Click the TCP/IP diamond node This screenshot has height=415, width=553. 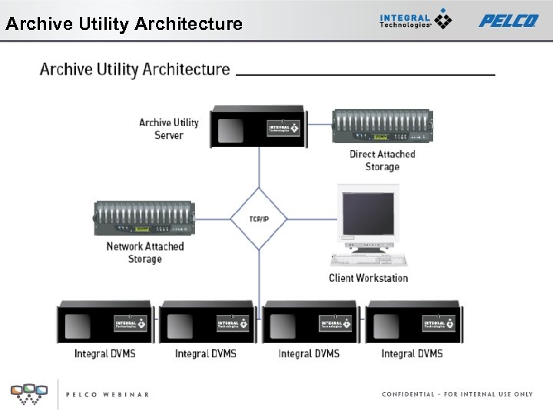pos(259,219)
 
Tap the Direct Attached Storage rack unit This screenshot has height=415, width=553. pos(382,126)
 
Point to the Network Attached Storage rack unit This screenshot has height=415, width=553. pos(144,219)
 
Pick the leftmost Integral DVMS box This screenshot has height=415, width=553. pos(105,323)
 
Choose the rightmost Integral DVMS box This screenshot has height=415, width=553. pos(413,323)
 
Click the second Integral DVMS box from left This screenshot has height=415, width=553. pos(208,323)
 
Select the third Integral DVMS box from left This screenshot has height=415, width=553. pos(310,323)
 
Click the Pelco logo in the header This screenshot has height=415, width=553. pos(508,21)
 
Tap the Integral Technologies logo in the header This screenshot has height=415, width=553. pos(416,20)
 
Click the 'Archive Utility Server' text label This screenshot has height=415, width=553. pos(169,129)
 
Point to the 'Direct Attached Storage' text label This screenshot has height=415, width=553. pos(382,160)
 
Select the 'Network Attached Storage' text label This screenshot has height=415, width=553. pos(145,253)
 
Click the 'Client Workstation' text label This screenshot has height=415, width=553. pos(369,278)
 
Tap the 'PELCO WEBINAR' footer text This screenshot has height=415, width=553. pos(107,394)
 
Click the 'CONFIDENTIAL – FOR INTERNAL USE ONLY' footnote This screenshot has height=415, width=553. pos(457,394)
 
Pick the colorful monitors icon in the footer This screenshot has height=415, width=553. pos(28,393)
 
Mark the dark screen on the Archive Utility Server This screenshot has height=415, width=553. pos(230,130)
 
